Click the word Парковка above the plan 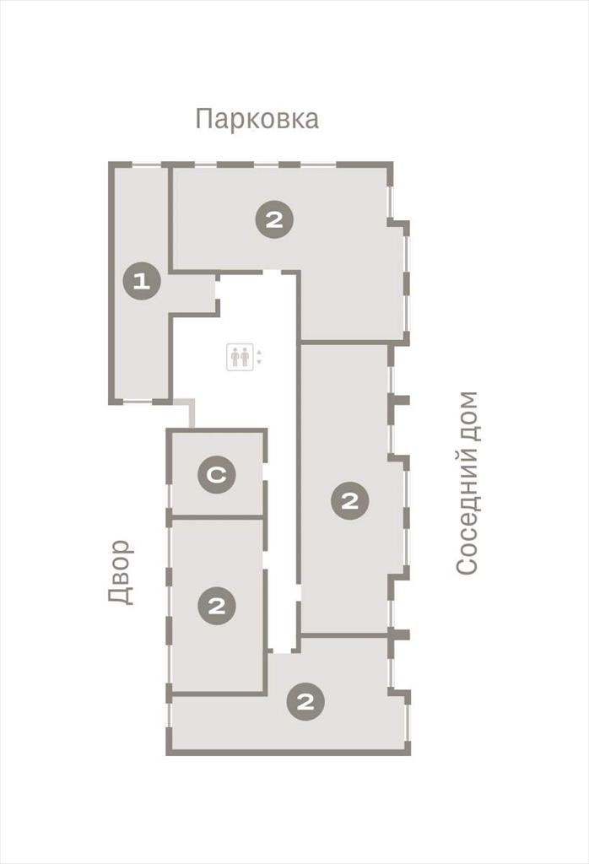coord(257,119)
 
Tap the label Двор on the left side coord(121,573)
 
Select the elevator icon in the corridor coord(240,357)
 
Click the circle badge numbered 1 coord(142,282)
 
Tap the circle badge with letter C coord(217,474)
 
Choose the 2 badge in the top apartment coord(274,220)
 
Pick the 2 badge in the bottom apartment coord(305,702)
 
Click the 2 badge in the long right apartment coord(350,501)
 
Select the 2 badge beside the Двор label coord(217,606)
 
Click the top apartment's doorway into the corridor coord(272,273)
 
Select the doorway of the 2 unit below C coord(265,557)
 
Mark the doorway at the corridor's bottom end coord(284,652)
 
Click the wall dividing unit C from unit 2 coord(217,517)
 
